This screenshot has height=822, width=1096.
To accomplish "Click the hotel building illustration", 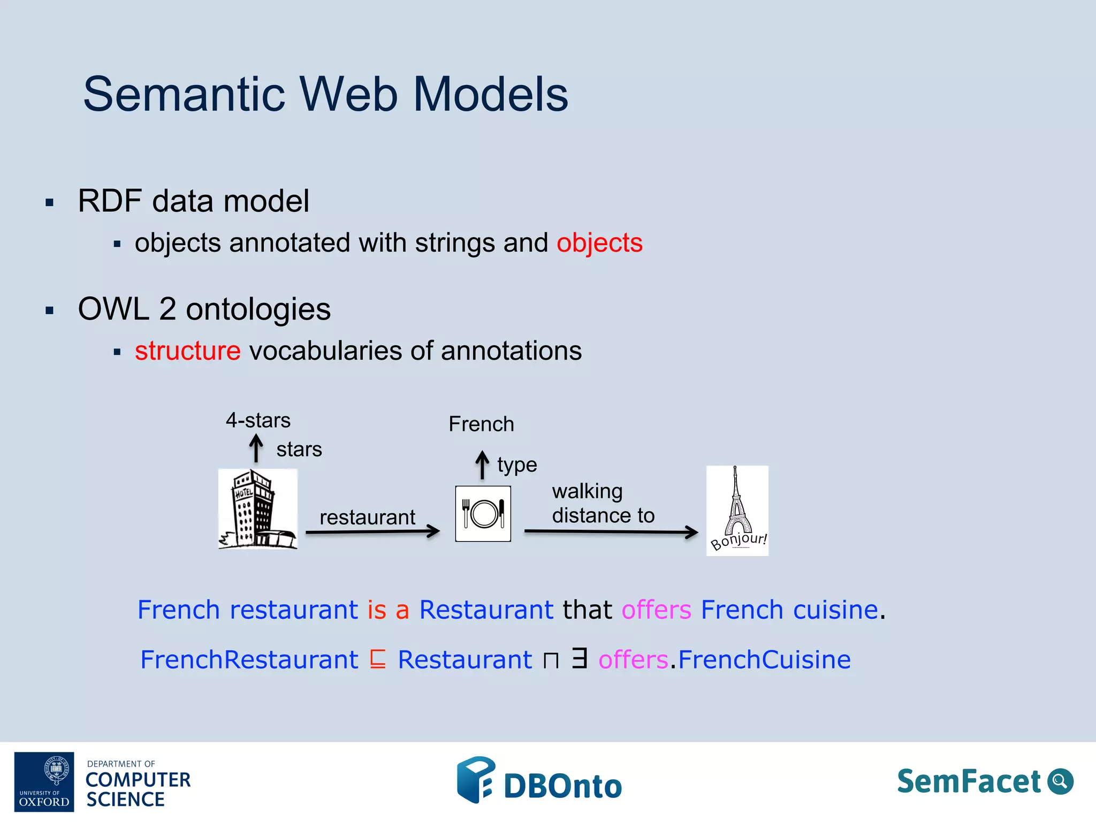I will click(x=257, y=509).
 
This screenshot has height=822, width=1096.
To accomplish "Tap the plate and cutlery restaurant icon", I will click(x=483, y=514).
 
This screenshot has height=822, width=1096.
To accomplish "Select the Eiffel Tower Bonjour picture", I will click(x=737, y=511).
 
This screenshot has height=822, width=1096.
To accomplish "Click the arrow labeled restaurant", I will click(x=372, y=531).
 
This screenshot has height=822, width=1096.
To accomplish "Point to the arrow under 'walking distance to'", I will click(x=611, y=531).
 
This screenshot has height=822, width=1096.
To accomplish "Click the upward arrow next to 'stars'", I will click(x=256, y=448).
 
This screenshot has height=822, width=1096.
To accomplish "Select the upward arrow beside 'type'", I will click(x=482, y=465).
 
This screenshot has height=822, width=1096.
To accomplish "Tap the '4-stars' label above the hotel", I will click(x=258, y=420).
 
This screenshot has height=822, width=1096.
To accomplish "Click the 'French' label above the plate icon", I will click(x=481, y=424).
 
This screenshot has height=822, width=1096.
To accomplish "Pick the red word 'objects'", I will click(x=599, y=243).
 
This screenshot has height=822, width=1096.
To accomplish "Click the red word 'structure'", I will click(x=187, y=351).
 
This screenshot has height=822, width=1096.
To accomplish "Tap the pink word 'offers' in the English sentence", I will click(x=656, y=610).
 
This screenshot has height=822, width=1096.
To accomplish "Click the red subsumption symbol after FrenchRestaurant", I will click(x=378, y=659).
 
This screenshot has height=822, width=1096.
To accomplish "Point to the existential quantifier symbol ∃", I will click(x=579, y=658).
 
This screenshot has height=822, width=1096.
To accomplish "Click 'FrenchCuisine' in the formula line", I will click(x=764, y=659).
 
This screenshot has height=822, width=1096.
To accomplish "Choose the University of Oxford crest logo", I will click(x=44, y=781).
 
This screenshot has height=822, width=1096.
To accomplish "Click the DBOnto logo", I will click(x=539, y=781).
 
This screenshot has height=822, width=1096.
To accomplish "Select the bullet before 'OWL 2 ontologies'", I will click(x=50, y=310).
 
